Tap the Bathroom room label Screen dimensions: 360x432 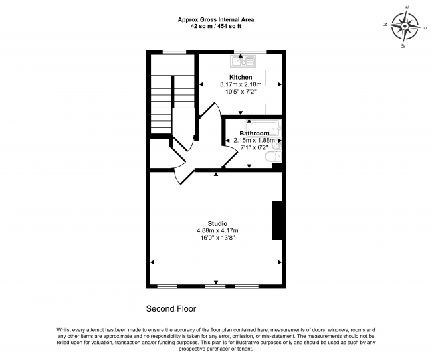[x=254, y=134]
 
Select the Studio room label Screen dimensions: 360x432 [x=217, y=223]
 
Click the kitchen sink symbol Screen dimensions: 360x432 [x=239, y=62]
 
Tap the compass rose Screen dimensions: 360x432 [x=405, y=29]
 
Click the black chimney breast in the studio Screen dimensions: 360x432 [x=278, y=220]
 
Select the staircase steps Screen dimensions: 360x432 [x=162, y=103]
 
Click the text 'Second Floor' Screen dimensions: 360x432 [x=171, y=309]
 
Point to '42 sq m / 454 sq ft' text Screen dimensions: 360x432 [x=216, y=27]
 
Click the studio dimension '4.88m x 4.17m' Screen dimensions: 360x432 [x=217, y=230]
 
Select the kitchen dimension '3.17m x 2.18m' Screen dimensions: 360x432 [x=241, y=85]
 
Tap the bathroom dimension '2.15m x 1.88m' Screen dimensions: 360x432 [x=254, y=140]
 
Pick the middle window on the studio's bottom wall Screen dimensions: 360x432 [x=215, y=286]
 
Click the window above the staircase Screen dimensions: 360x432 [x=174, y=52]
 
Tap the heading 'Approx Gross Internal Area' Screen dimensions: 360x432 [x=216, y=20]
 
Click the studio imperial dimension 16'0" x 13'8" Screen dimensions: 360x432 [x=217, y=237]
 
